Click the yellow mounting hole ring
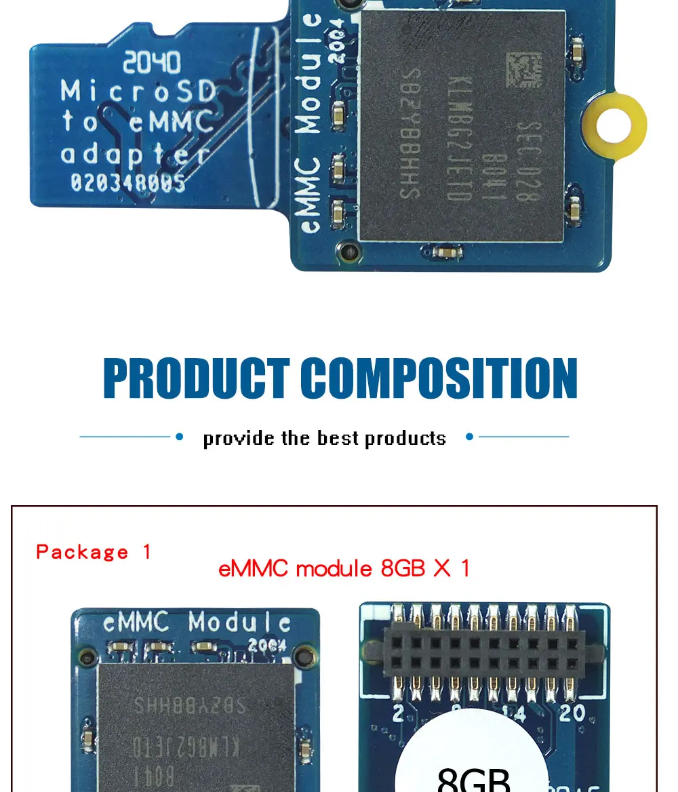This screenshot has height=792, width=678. [615, 126]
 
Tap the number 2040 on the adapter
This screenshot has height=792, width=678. [152, 64]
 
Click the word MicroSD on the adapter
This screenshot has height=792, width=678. [138, 92]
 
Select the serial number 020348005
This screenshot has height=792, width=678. [127, 182]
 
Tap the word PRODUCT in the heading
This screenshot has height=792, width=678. [197, 378]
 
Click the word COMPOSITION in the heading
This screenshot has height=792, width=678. [439, 378]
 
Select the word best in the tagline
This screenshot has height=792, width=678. [338, 438]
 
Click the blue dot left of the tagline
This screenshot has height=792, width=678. [180, 437]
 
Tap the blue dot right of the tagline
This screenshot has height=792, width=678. [469, 437]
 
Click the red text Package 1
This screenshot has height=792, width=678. [94, 552]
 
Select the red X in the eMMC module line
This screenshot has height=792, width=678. [441, 568]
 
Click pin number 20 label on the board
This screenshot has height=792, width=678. [572, 713]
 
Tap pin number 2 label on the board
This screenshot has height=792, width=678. [398, 713]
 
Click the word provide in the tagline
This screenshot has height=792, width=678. [239, 438]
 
